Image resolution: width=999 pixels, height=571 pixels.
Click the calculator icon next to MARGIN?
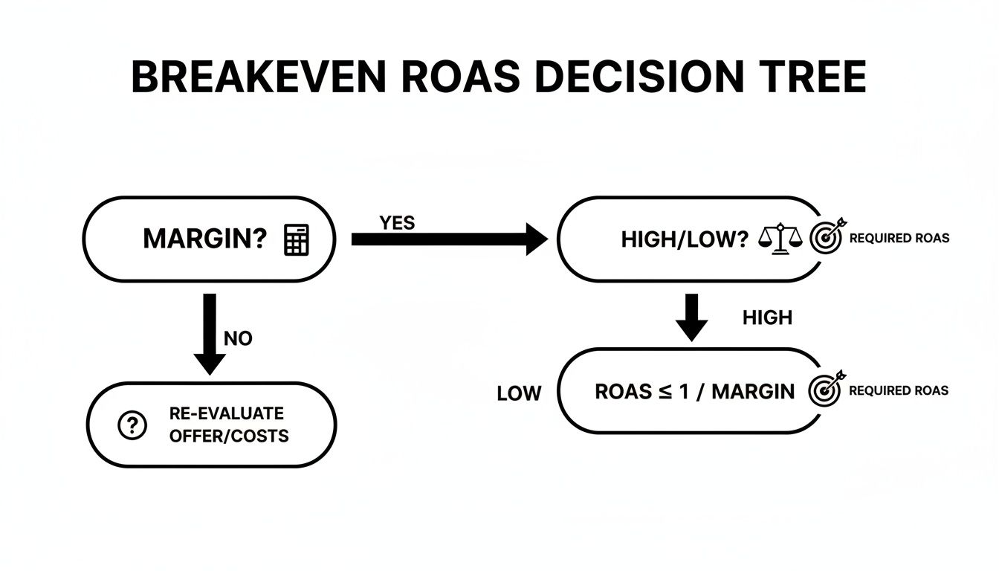coord(297,239)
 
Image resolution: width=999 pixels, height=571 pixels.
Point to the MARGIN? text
coord(204,239)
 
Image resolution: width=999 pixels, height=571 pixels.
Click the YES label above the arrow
coord(397,223)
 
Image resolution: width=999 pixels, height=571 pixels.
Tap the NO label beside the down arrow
coord(238,339)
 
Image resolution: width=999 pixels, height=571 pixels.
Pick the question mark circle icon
coord(131,425)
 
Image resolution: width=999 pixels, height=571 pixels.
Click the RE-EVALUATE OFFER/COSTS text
coord(227,425)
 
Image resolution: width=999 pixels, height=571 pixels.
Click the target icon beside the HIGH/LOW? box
coord(825,238)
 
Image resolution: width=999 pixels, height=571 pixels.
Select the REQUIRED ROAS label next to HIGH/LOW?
coord(899,239)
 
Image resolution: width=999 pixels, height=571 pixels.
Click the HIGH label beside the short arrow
coord(767,318)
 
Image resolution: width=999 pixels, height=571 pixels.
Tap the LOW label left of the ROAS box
coord(519,393)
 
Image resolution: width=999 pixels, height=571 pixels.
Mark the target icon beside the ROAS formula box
coord(825,389)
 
